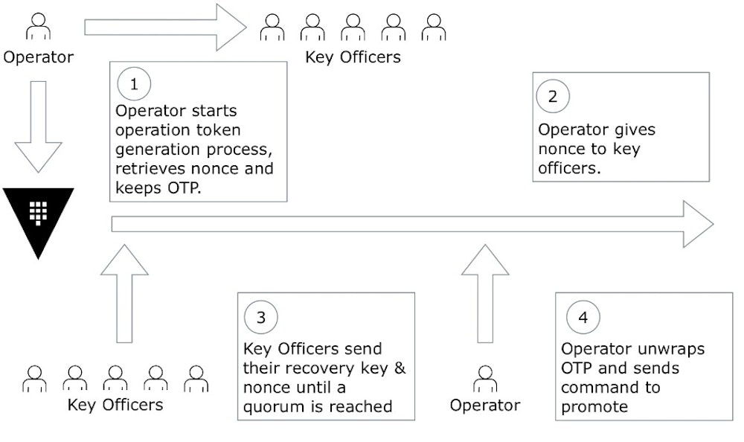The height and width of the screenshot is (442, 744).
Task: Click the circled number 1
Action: click(134, 85)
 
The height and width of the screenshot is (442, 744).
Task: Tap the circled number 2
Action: click(552, 95)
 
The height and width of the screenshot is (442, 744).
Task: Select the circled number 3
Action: click(260, 317)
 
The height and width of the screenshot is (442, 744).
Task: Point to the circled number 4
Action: click(583, 317)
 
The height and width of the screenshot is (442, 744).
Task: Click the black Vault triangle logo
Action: click(39, 218)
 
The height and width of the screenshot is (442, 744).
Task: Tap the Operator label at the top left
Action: click(39, 57)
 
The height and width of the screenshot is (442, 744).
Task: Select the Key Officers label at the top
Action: click(353, 57)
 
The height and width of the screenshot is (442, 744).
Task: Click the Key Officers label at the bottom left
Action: click(115, 405)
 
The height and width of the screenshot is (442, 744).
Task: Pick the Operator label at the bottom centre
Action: click(485, 405)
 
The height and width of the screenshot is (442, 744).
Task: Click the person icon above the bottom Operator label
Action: click(486, 378)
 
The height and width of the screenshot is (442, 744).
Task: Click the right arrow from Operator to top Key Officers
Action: click(165, 28)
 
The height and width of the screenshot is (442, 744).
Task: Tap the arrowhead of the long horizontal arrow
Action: click(697, 224)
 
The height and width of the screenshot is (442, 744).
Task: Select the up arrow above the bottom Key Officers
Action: click(124, 294)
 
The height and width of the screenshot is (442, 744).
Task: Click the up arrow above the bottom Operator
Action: click(485, 294)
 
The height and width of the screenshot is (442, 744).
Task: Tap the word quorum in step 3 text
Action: click(272, 406)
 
